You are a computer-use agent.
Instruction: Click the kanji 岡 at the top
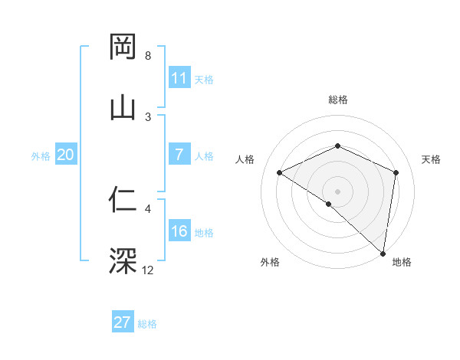tap(123, 47)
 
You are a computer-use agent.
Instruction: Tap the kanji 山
tap(123, 106)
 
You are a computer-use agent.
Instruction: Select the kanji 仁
tap(123, 201)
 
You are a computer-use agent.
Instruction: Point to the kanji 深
tap(123, 261)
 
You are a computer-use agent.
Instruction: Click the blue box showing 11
tap(179, 77)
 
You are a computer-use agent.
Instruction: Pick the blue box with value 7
tap(179, 155)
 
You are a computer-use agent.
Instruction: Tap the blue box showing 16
tap(179, 232)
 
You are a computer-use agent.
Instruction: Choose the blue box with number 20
tap(65, 155)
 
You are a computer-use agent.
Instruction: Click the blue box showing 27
tap(123, 322)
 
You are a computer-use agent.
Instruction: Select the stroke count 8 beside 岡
tap(148, 56)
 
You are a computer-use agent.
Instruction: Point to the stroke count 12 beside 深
tap(148, 270)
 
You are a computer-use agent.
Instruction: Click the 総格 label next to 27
tap(147, 324)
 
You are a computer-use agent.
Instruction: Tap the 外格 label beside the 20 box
tap(41, 156)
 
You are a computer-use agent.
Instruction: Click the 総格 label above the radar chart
tap(337, 100)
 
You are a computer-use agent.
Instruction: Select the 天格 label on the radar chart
tap(431, 159)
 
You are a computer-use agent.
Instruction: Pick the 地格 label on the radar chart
tap(402, 262)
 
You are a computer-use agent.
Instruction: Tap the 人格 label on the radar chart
tap(245, 159)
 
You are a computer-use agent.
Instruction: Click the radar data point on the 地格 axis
tap(383, 253)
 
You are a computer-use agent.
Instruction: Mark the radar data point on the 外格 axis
tap(328, 204)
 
